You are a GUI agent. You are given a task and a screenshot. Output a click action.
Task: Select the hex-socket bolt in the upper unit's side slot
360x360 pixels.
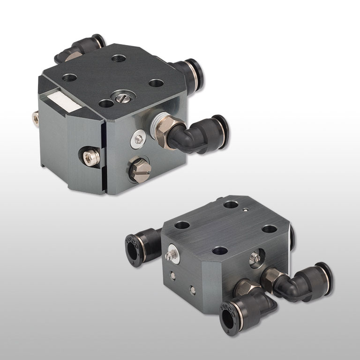click(x=90, y=156)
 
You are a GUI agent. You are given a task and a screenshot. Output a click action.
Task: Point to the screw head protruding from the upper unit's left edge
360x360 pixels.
click(x=35, y=119)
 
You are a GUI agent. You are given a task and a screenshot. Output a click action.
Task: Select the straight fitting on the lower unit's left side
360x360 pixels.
click(x=141, y=245)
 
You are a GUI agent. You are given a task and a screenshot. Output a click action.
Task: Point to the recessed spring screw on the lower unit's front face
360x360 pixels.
click(x=256, y=257)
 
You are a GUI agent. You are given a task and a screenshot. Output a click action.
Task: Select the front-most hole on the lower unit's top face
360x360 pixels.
click(x=219, y=250)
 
